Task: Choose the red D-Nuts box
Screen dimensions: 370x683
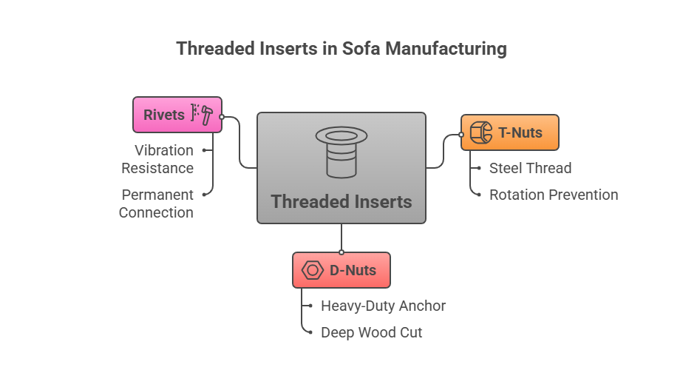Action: point(341,270)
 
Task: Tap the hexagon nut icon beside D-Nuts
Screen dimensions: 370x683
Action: point(313,270)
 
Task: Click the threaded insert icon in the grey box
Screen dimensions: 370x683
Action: point(341,152)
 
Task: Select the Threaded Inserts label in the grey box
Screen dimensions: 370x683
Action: point(341,201)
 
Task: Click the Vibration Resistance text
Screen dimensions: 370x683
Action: point(157,159)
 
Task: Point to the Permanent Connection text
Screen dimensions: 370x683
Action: point(156,203)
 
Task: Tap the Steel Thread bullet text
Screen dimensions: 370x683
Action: point(530,168)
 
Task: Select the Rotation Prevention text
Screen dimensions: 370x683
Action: point(553,195)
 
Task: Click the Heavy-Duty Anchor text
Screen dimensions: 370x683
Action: point(383,306)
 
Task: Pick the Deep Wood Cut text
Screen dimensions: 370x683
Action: point(371,332)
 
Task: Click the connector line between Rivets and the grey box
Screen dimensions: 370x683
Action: point(240,144)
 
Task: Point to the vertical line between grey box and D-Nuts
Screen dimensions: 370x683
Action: point(341,238)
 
